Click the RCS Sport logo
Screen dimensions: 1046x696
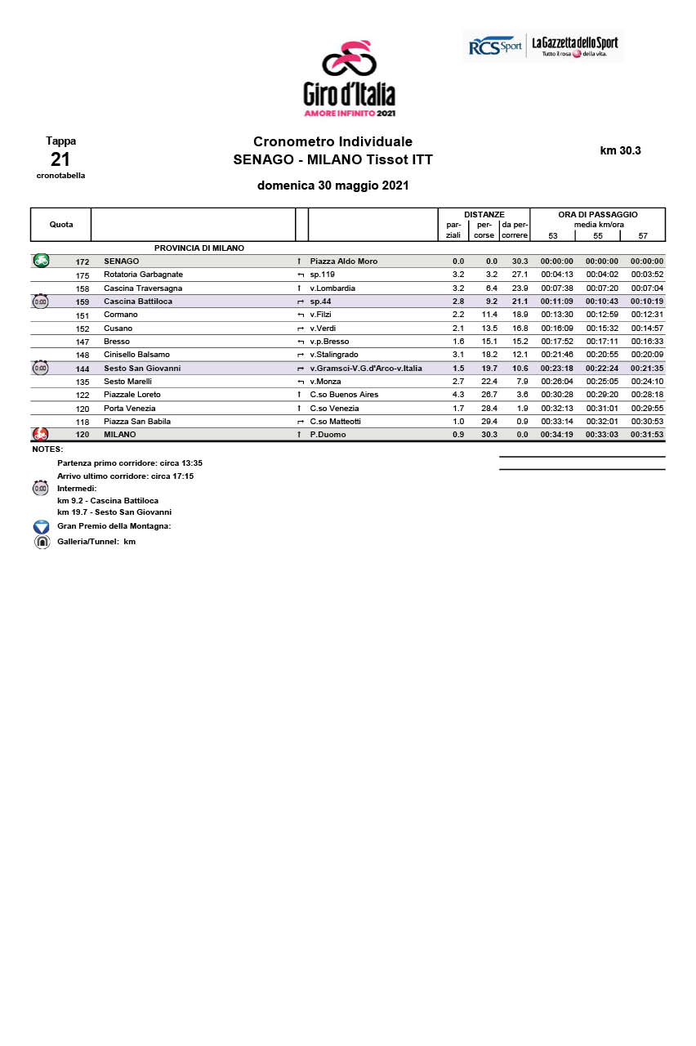click(x=495, y=47)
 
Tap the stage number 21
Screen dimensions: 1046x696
click(x=60, y=159)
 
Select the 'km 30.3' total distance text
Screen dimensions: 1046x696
click(x=621, y=150)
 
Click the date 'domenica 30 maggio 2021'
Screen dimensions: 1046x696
click(x=332, y=186)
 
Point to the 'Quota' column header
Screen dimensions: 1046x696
click(x=61, y=225)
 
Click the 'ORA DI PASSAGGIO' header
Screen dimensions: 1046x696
click(x=598, y=214)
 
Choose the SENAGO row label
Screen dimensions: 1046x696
click(x=121, y=261)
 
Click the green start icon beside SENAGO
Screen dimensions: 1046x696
click(x=41, y=261)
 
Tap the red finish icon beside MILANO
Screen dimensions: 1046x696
click(x=40, y=434)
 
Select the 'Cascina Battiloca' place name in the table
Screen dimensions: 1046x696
click(x=138, y=302)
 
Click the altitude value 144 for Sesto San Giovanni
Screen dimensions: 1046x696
click(x=83, y=369)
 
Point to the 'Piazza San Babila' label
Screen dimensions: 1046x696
click(x=137, y=422)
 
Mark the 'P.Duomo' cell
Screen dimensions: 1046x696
click(x=328, y=435)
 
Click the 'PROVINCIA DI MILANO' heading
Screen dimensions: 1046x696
click(x=199, y=248)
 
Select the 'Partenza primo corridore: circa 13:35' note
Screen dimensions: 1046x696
click(x=130, y=463)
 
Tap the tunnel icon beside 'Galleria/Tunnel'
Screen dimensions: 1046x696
click(x=42, y=542)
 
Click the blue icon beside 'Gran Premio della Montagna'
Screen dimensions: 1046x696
click(x=42, y=527)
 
